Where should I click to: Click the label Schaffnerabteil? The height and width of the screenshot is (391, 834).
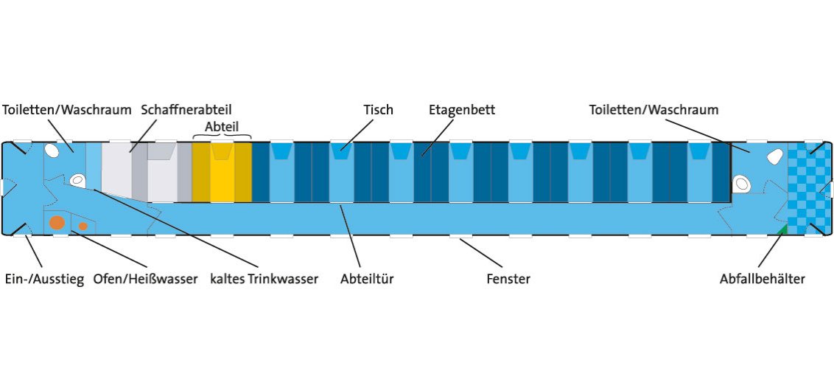(186, 110)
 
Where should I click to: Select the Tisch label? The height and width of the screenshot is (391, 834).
(378, 110)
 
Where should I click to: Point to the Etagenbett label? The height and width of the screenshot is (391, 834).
(462, 110)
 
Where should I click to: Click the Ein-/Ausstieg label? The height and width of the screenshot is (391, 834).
(43, 280)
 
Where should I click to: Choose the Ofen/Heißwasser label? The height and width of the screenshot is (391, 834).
(145, 280)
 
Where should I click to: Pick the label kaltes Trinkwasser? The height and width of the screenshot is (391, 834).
(264, 280)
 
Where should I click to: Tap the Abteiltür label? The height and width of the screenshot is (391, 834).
(367, 280)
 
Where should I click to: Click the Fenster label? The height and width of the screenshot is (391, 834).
(508, 280)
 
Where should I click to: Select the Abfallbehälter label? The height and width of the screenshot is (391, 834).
(763, 280)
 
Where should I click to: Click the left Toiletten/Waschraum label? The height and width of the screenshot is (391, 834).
(67, 110)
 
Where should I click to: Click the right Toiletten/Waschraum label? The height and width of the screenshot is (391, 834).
(653, 110)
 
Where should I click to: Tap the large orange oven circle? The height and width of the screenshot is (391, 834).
(57, 222)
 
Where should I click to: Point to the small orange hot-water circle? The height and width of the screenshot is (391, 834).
(83, 226)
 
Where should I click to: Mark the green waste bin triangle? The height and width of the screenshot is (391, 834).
(782, 230)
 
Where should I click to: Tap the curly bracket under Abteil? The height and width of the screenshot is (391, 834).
(222, 136)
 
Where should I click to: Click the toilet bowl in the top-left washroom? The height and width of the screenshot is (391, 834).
(52, 150)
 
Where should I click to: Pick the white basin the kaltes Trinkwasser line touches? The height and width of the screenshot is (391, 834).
(77, 179)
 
